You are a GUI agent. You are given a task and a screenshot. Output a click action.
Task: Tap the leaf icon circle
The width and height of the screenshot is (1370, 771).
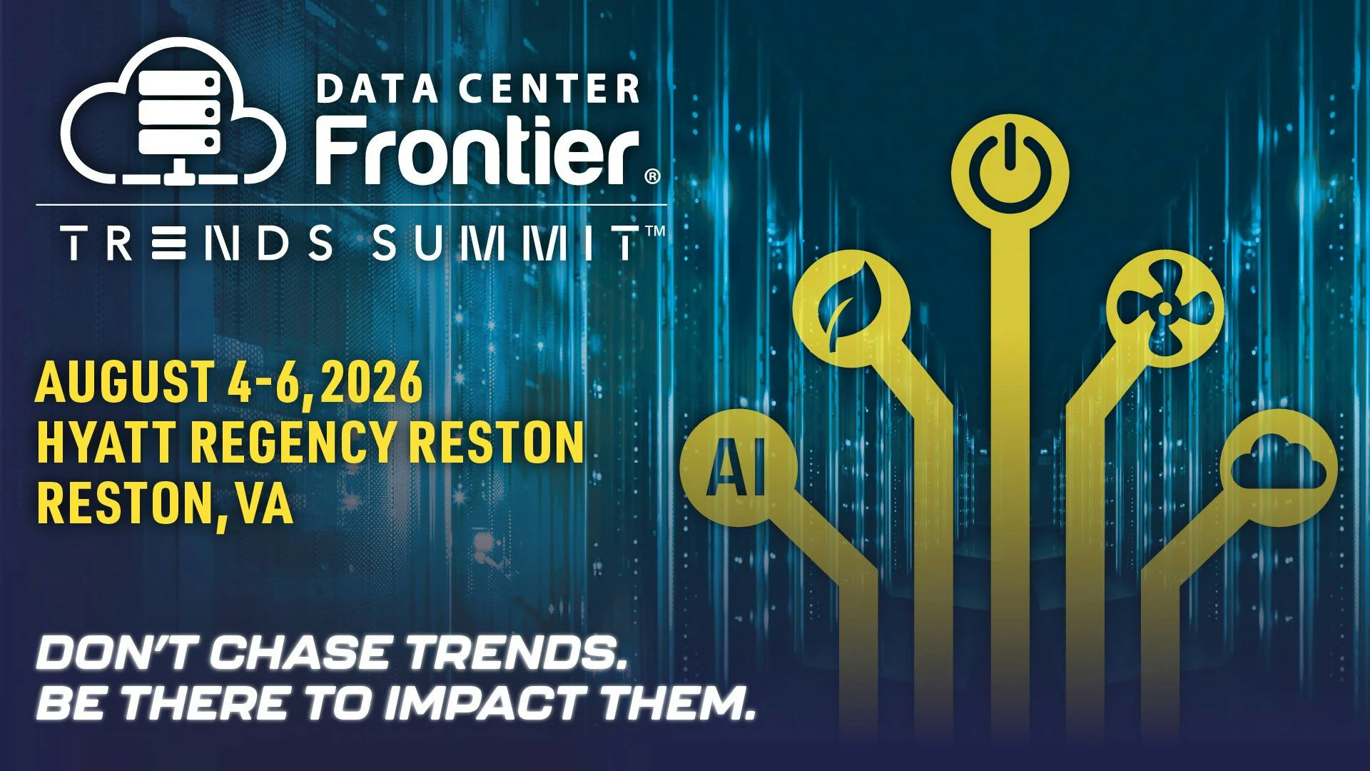pyautogui.click(x=851, y=315)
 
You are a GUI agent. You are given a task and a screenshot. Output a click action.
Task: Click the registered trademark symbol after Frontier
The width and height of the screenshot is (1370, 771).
pyautogui.click(x=652, y=176)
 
